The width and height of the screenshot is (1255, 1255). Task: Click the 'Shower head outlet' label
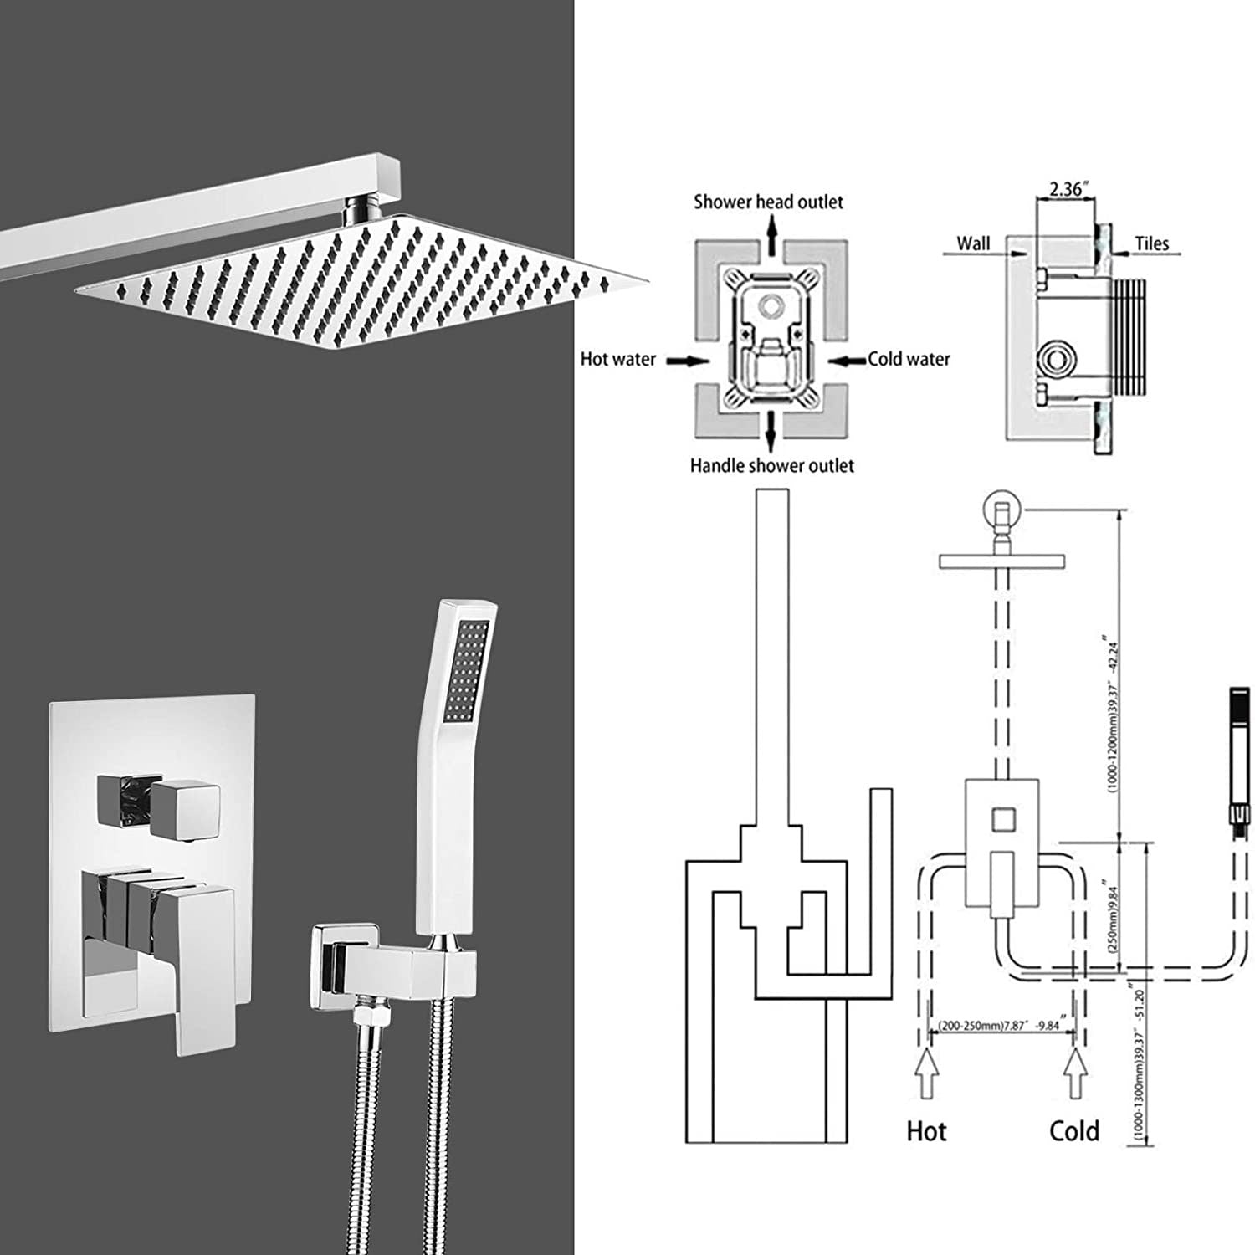(767, 202)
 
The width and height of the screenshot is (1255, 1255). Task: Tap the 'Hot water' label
(617, 360)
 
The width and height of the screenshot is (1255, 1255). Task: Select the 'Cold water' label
(909, 360)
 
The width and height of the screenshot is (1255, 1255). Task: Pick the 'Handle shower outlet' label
(771, 466)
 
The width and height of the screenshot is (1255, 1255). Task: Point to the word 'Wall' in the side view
(973, 243)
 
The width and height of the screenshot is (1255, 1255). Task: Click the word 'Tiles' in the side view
(1151, 243)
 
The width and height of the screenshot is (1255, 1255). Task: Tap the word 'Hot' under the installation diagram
(926, 1132)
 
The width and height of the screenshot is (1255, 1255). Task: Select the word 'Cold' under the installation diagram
(1073, 1132)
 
